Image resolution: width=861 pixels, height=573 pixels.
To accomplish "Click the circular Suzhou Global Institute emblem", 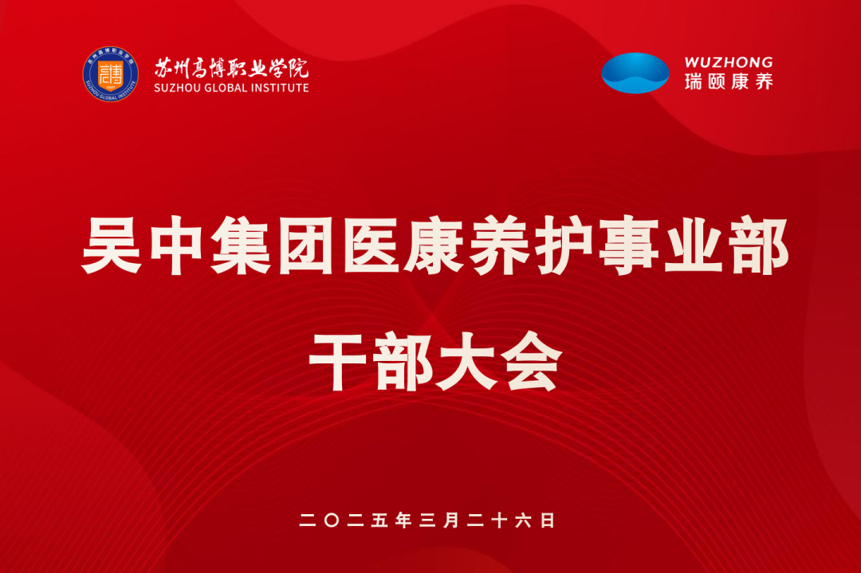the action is (x=110, y=74).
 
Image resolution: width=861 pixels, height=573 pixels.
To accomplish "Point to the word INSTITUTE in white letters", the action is (x=281, y=88).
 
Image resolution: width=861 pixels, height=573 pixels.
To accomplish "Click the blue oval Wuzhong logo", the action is (x=635, y=73).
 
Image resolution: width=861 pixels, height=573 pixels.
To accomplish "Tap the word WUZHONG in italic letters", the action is (x=729, y=62).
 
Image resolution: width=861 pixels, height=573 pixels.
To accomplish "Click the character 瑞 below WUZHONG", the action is (x=694, y=82).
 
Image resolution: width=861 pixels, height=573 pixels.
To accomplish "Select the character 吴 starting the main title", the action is (x=112, y=245).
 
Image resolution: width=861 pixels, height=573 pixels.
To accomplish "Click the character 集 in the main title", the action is (x=241, y=245).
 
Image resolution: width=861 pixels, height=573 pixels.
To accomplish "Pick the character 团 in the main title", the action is (x=305, y=245).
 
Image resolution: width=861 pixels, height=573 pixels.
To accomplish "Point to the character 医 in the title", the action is (x=371, y=245).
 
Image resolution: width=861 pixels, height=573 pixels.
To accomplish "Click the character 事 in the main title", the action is (x=629, y=245).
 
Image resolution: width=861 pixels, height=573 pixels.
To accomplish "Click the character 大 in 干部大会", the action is (x=466, y=362).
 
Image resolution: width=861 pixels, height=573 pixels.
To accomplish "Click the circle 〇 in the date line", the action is (x=332, y=520).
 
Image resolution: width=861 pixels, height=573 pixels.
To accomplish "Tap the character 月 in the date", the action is (x=451, y=520).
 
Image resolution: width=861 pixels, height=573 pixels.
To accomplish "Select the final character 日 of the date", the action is (x=548, y=520).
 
